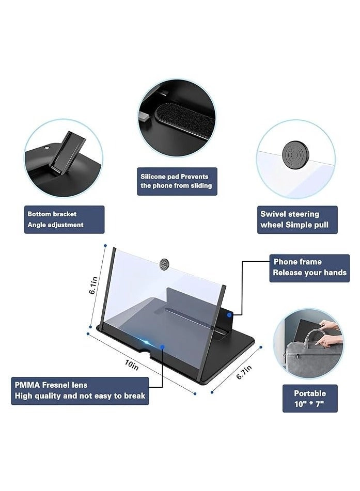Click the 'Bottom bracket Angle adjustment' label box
coord(64,219)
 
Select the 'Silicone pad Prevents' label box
coord(177,181)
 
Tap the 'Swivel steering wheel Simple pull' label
coord(297,219)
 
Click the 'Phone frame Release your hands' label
coord(309,267)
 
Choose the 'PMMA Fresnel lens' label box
coord(80,390)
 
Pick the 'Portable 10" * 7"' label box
coord(310,398)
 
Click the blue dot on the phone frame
coord(229,314)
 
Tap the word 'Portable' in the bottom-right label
coord(310,393)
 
